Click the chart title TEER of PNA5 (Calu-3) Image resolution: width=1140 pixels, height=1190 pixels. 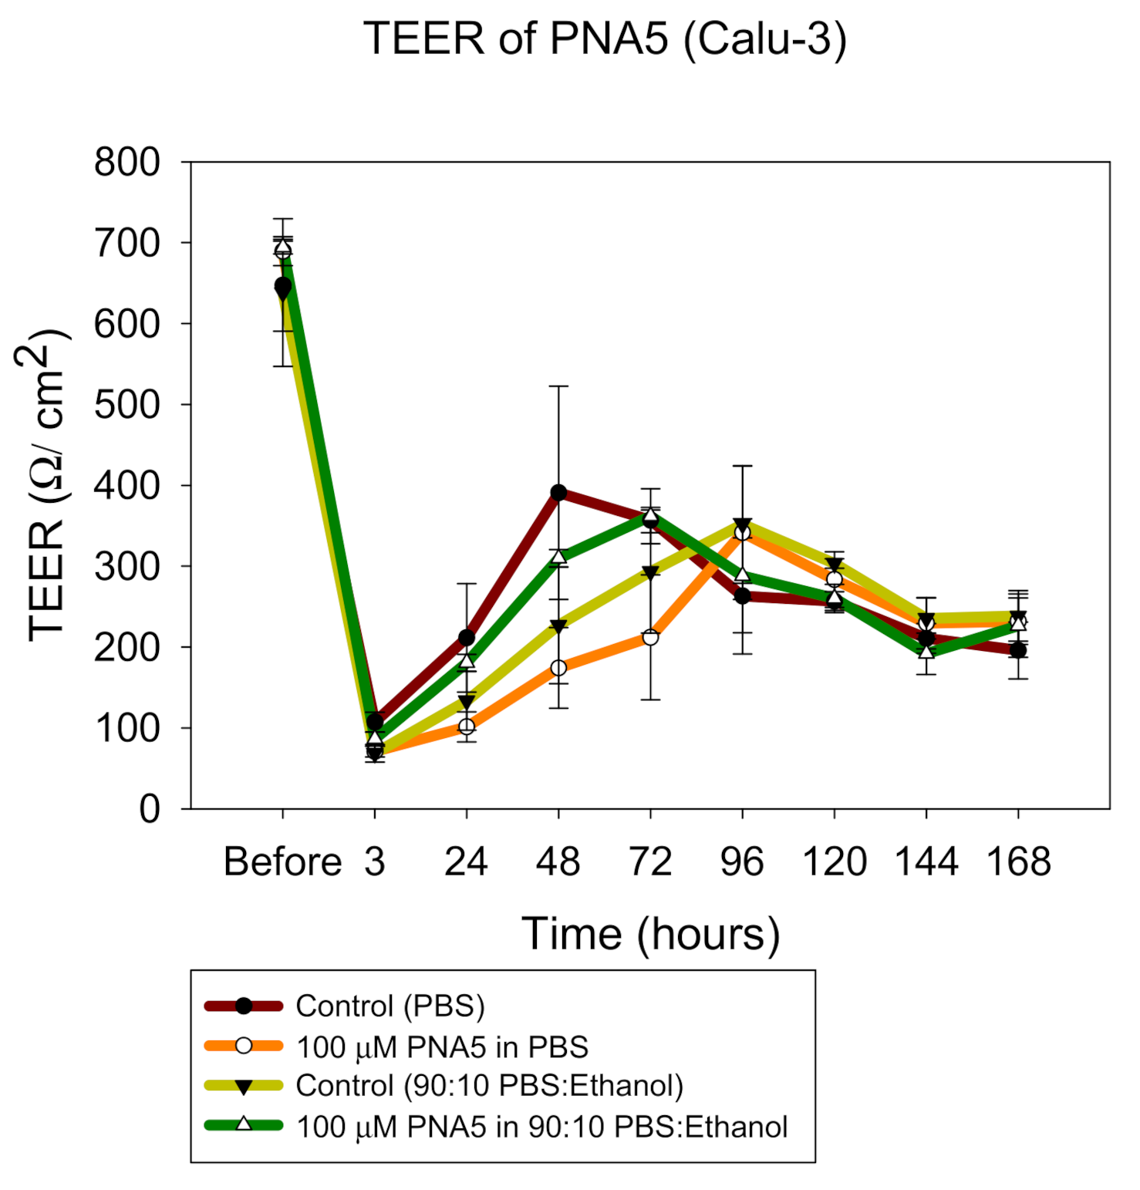(x=605, y=39)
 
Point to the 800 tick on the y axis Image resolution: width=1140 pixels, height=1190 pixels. (x=127, y=163)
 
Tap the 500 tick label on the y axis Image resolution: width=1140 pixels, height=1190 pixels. (x=127, y=405)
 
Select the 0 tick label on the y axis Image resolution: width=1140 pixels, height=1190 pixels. (x=150, y=809)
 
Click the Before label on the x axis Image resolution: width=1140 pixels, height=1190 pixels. (x=282, y=861)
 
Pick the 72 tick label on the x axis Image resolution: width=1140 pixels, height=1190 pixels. (x=650, y=861)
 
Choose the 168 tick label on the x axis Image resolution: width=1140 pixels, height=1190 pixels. (x=1018, y=861)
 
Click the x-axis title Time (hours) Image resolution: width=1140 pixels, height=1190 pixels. (x=650, y=934)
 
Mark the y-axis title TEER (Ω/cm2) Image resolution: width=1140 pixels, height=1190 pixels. (x=44, y=486)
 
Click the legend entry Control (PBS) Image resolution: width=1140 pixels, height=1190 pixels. (x=390, y=1006)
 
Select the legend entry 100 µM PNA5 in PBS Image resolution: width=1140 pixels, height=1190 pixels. (x=442, y=1047)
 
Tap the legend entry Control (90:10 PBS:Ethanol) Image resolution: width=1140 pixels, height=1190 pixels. (x=489, y=1086)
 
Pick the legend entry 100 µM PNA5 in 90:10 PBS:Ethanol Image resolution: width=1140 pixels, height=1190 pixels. (x=541, y=1127)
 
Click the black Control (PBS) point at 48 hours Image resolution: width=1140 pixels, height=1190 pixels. (x=558, y=492)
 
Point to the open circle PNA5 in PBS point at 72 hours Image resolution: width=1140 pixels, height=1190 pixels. (x=650, y=637)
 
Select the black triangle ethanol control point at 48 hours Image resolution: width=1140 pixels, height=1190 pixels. (x=558, y=626)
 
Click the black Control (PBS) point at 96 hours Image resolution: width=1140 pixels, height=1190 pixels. (x=742, y=596)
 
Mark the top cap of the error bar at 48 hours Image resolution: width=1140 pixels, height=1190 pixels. (x=558, y=386)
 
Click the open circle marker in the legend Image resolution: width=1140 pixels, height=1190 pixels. (x=244, y=1046)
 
